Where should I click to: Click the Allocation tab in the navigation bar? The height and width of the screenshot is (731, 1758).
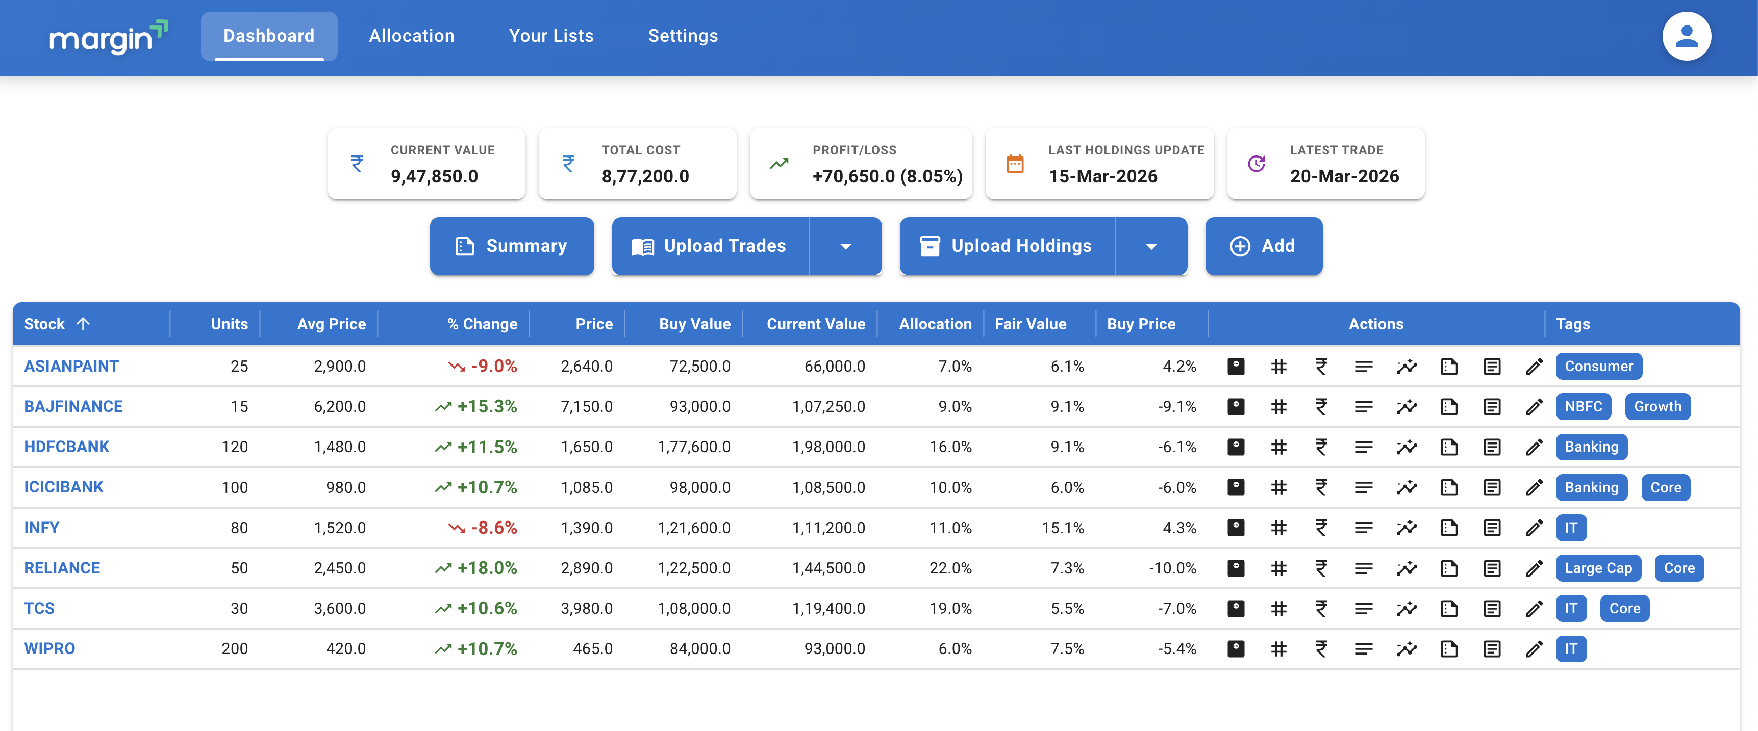[x=412, y=36]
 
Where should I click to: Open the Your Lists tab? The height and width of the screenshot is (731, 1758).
[x=551, y=36]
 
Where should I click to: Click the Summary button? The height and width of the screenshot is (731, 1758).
[x=511, y=246]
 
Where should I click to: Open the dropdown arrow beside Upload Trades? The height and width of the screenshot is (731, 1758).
[x=845, y=247]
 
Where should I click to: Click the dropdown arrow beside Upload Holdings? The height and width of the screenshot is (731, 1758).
[x=1151, y=247]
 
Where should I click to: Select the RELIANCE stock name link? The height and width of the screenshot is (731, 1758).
[x=62, y=568]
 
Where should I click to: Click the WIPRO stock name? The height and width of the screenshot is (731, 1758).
[x=50, y=648]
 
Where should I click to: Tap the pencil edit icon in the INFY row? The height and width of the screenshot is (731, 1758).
[x=1534, y=528]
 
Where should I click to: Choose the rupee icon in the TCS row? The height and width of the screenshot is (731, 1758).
[x=1321, y=608]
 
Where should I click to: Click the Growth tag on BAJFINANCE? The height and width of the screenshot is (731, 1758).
[x=1657, y=406]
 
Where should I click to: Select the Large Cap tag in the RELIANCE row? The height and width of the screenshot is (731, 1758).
[x=1598, y=568]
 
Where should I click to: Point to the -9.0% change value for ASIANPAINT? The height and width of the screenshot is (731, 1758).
[x=493, y=366]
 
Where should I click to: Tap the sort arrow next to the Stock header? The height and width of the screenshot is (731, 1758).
[x=83, y=324]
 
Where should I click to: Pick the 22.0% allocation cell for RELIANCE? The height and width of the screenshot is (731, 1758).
[x=950, y=568]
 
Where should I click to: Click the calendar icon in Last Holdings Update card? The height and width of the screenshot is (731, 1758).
[x=1015, y=164]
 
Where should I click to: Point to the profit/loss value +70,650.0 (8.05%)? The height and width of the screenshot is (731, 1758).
[x=887, y=176]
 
